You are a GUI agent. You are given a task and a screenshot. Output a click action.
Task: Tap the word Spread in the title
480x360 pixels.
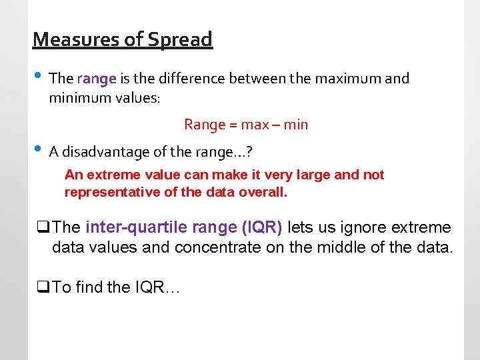179,40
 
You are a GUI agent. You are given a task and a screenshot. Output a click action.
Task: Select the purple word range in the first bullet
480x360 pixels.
97,79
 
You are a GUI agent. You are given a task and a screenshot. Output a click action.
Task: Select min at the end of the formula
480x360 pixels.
295,125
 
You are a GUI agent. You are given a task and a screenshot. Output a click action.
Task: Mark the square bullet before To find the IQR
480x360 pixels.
44,288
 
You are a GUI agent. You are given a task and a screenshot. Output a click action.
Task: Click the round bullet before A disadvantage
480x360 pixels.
37,149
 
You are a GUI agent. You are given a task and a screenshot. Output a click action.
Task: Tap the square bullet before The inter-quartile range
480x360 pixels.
44,228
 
